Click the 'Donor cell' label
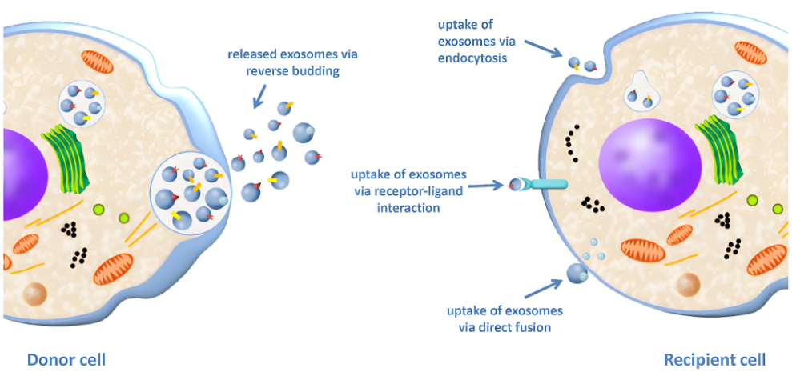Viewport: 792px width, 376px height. pos(66,359)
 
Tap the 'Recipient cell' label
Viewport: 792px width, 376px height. pos(714,360)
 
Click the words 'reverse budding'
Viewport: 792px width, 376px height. pos(291,71)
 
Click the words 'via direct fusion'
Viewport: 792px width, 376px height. pos(494,327)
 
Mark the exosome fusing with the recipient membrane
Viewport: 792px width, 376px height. pos(578,274)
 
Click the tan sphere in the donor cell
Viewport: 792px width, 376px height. pos(37,294)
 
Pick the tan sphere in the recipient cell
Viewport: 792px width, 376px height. pos(688,284)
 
